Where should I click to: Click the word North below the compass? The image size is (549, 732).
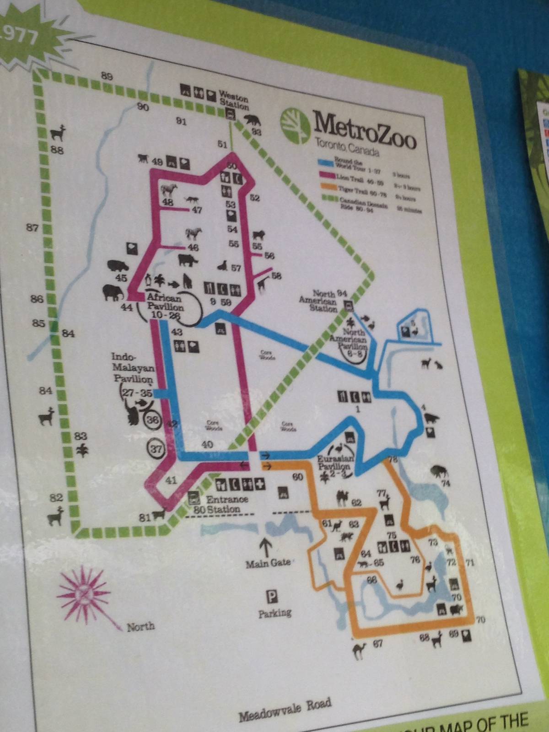tap(141, 627)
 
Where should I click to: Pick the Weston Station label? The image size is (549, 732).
tap(234, 102)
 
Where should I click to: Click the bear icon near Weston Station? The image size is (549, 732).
tap(252, 121)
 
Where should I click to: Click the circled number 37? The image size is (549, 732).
tap(156, 448)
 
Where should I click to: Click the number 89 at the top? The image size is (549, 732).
tap(107, 76)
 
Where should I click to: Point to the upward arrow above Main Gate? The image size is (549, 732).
tap(266, 545)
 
